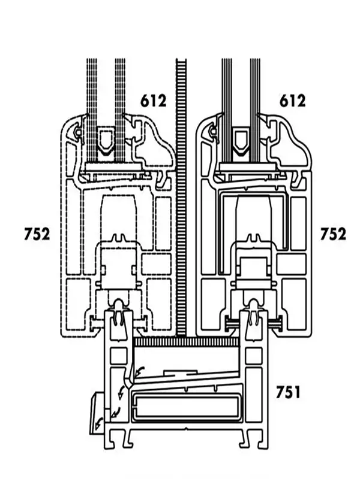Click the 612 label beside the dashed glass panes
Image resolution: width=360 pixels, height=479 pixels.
click(154, 101)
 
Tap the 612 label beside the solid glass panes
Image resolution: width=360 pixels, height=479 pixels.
click(292, 101)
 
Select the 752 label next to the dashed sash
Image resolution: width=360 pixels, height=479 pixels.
click(37, 234)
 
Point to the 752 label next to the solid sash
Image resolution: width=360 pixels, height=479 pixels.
click(333, 234)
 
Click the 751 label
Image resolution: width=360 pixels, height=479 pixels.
click(288, 392)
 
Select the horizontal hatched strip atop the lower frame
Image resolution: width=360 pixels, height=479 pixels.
click(187, 342)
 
